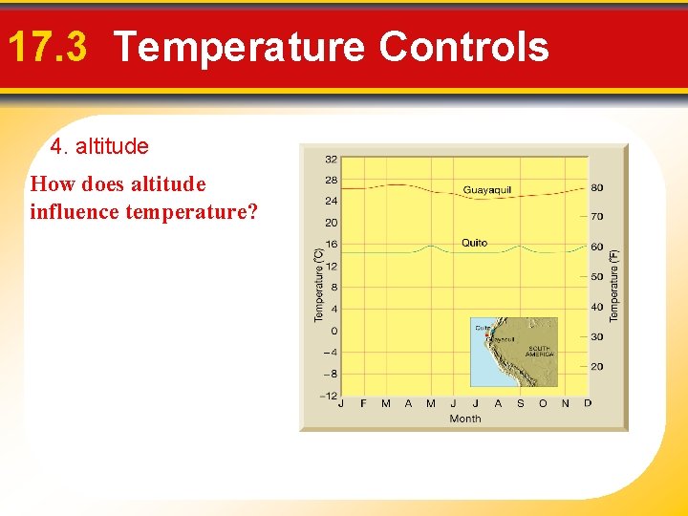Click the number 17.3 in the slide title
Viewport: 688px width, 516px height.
tap(46, 47)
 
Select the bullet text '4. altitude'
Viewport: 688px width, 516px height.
tap(99, 147)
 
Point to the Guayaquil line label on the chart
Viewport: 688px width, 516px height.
tap(487, 190)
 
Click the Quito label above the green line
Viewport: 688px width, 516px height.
tap(475, 243)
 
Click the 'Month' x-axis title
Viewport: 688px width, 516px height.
tap(465, 419)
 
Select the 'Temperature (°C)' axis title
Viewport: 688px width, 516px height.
tap(320, 284)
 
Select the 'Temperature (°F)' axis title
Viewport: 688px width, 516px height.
tap(614, 284)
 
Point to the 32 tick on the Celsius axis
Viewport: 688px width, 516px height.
tap(330, 159)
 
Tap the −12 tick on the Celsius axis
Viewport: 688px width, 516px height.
tap(328, 396)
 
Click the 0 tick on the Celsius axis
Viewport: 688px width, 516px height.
tap(333, 331)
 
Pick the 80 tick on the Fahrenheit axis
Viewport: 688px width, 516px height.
tap(596, 188)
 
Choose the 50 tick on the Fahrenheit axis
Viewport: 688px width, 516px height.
tap(596, 277)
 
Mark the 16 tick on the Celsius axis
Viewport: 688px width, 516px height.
tap(330, 245)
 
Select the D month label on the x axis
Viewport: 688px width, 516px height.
tap(588, 403)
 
